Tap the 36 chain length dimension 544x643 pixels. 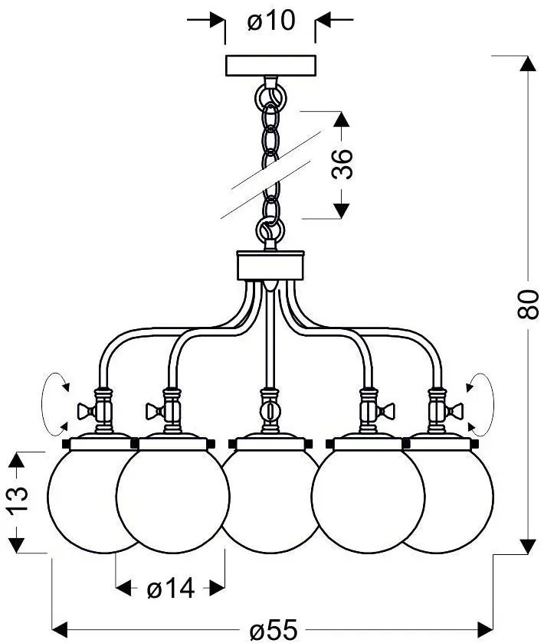point(346,163)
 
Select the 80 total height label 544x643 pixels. point(524,305)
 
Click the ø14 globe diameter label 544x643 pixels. point(170,589)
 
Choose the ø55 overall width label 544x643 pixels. point(272,630)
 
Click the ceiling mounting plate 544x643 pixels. point(270,64)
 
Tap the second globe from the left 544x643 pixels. point(172,501)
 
